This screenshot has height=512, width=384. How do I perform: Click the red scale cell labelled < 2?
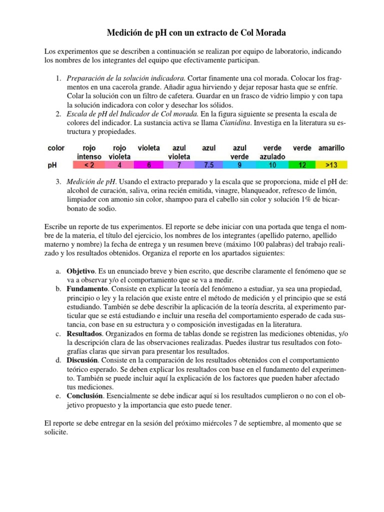tap(89, 164)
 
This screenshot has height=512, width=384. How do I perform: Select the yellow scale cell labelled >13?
tap(331, 164)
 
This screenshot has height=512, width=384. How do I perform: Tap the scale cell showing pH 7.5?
tap(208, 164)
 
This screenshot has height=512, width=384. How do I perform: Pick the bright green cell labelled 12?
tap(302, 164)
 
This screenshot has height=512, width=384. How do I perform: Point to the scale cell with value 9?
tap(240, 164)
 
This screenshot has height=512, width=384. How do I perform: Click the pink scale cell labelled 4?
tap(119, 164)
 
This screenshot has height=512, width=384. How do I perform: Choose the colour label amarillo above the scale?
tap(331, 148)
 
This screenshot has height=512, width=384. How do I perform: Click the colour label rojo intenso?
tap(89, 152)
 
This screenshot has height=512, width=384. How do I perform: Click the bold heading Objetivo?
tap(80, 271)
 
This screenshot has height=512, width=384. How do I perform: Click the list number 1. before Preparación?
tap(58, 78)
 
